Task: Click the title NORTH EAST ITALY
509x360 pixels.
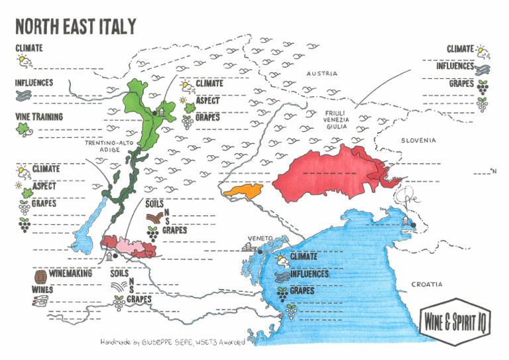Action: tap(76, 26)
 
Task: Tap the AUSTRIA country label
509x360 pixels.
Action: tap(321, 74)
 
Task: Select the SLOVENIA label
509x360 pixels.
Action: tap(418, 141)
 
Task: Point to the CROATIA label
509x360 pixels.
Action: tap(427, 284)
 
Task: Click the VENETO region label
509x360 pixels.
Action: tap(260, 238)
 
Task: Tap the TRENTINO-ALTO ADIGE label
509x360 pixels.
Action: tap(102, 146)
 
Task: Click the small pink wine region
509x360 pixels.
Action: tap(125, 245)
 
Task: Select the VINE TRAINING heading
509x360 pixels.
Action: tap(39, 117)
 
